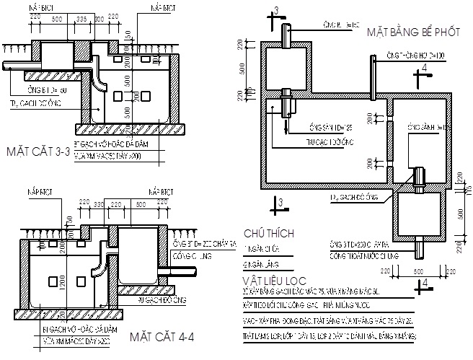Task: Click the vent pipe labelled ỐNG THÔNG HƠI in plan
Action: (x=373, y=75)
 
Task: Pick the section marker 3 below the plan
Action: (x=275, y=206)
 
